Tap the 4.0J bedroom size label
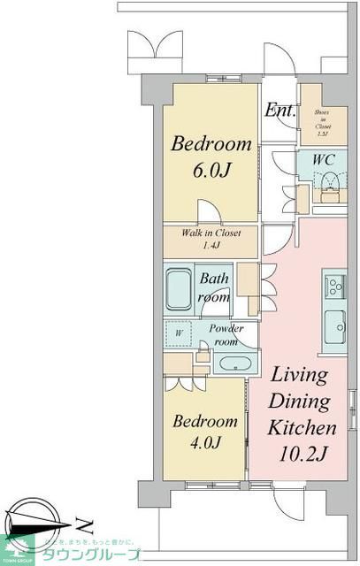click(204, 443)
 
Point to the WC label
click(322, 159)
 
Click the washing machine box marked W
click(180, 334)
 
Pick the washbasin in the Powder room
click(235, 363)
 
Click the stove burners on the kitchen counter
click(335, 286)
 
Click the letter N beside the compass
click(80, 521)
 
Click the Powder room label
click(226, 334)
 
